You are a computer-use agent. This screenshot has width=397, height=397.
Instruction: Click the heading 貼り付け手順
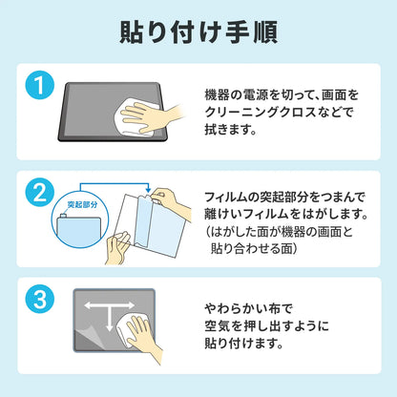click(x=198, y=32)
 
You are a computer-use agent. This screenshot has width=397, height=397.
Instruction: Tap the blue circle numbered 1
click(x=40, y=85)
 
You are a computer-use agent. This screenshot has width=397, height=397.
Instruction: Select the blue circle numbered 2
click(x=40, y=192)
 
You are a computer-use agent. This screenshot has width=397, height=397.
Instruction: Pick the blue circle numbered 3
click(x=40, y=299)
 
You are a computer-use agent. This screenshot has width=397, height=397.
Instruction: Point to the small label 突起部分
click(x=83, y=204)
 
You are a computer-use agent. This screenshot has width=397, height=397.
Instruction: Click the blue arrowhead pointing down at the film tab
click(x=148, y=190)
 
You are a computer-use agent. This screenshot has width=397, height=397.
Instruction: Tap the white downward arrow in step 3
click(x=109, y=318)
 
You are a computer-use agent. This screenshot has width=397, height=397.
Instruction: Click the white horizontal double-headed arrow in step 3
click(x=109, y=305)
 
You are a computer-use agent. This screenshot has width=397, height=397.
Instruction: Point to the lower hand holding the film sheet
click(x=116, y=247)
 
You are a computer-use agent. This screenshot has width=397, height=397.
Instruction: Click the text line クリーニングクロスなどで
click(x=279, y=113)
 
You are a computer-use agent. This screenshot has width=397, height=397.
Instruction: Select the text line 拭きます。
click(x=230, y=130)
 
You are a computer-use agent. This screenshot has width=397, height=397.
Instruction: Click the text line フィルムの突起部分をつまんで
click(x=284, y=198)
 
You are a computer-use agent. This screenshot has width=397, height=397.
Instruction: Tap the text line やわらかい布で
click(x=248, y=308)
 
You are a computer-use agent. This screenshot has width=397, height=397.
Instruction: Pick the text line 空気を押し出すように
click(x=266, y=326)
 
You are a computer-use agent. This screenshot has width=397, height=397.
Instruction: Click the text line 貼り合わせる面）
click(x=254, y=248)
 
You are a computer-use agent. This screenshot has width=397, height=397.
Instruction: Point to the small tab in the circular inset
click(x=63, y=216)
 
